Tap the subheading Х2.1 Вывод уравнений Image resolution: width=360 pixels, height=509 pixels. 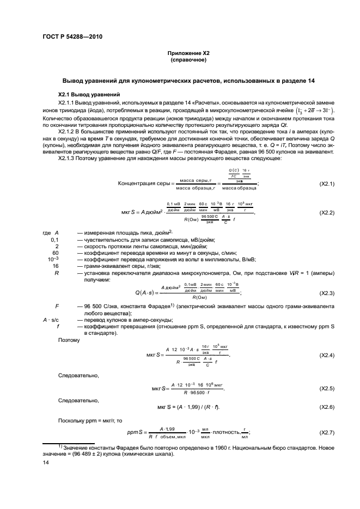[x=86, y=94]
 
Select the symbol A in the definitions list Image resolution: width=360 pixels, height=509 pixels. [x=57, y=233]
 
